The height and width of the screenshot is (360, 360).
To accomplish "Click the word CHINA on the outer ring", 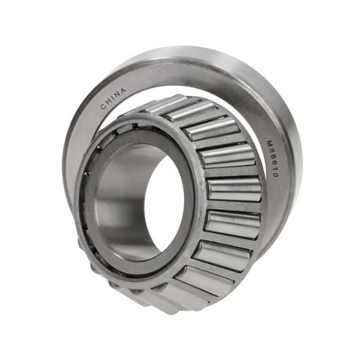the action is coord(113,98).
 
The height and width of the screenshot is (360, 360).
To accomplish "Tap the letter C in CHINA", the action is coord(104,106).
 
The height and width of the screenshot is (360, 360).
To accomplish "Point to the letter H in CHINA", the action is coord(108,102).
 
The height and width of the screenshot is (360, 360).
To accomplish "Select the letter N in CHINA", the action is coord(118,94).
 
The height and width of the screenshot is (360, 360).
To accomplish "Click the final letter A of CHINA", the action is coord(123,90).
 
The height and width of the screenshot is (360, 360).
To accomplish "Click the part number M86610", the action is coord(272,158).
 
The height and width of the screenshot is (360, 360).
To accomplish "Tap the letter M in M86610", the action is coord(270,143).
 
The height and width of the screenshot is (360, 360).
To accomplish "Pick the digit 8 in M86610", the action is coord(270,150).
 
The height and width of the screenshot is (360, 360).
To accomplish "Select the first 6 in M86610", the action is coord(271,156).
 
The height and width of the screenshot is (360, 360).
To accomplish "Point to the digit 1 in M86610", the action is coord(274,168).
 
